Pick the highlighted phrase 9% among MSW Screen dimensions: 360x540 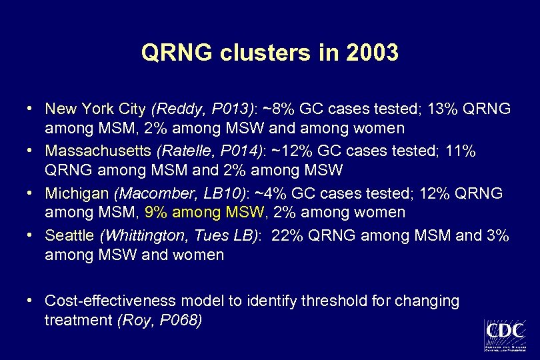[x=205, y=212]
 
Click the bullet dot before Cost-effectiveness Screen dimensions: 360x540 [x=31, y=301]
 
